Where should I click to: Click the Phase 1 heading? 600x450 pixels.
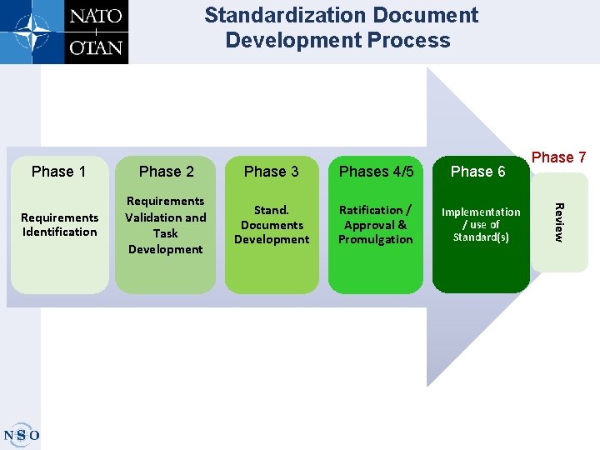pyautogui.click(x=58, y=172)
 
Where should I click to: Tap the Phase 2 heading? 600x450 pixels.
pyautogui.click(x=166, y=172)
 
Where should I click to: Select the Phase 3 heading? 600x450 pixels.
pyautogui.click(x=271, y=172)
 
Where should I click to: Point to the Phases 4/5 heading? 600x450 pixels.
pyautogui.click(x=376, y=172)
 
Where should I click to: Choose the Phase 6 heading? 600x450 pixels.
pyautogui.click(x=477, y=172)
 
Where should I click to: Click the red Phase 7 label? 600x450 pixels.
pyautogui.click(x=558, y=157)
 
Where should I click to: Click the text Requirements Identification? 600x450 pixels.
pyautogui.click(x=59, y=225)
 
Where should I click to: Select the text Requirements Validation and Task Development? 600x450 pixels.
pyautogui.click(x=165, y=225)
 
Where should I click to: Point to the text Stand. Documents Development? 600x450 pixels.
pyautogui.click(x=271, y=225)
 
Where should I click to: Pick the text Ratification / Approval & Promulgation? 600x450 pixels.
pyautogui.click(x=375, y=225)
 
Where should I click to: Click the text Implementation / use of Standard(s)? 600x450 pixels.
pyautogui.click(x=480, y=225)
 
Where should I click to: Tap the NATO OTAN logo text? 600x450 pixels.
pyautogui.click(x=96, y=32)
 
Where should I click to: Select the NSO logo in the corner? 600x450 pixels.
pyautogui.click(x=21, y=434)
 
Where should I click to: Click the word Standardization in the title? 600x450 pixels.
pyautogui.click(x=280, y=16)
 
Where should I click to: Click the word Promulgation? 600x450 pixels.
pyautogui.click(x=375, y=240)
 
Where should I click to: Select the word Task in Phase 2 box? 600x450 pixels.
pyautogui.click(x=165, y=233)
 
